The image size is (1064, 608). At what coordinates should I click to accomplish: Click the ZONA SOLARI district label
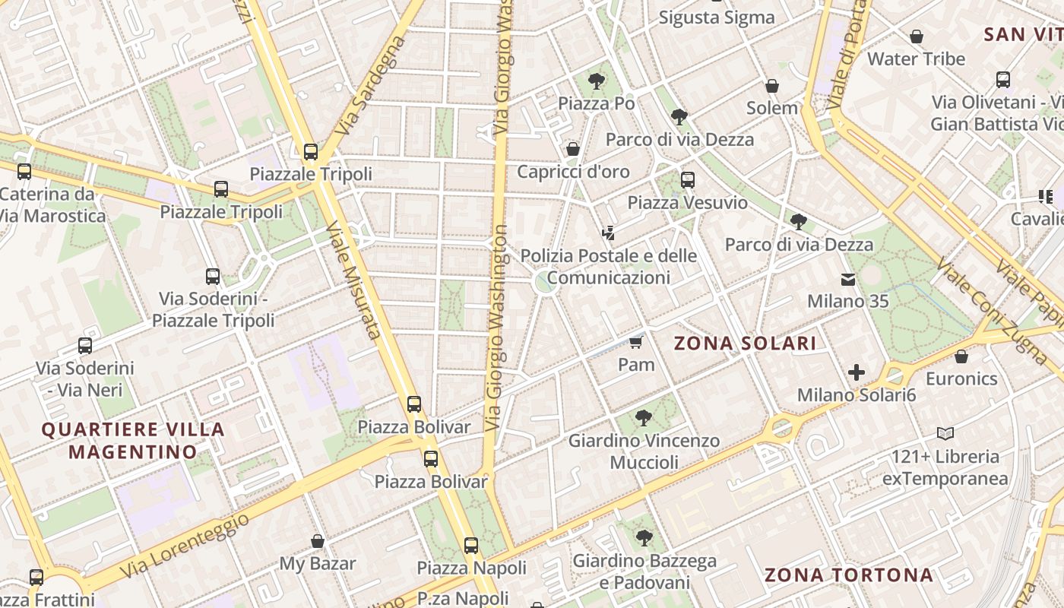pyautogui.click(x=746, y=344)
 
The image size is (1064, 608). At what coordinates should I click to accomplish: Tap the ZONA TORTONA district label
pyautogui.click(x=849, y=575)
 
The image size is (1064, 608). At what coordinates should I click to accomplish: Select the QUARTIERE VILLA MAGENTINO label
pyautogui.click(x=133, y=441)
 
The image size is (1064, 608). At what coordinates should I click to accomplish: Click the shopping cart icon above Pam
pyautogui.click(x=635, y=342)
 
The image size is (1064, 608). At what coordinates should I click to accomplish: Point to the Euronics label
pyautogui.click(x=961, y=378)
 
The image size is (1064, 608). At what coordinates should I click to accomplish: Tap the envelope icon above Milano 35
pyautogui.click(x=847, y=280)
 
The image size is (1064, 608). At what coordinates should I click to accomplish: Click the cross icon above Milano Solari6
pyautogui.click(x=857, y=372)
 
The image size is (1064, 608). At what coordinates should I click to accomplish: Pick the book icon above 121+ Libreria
pyautogui.click(x=945, y=434)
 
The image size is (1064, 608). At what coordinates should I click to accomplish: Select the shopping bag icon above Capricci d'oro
pyautogui.click(x=573, y=149)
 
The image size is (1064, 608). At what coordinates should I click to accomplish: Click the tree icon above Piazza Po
pyautogui.click(x=597, y=80)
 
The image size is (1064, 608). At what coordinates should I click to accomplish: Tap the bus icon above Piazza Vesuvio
pyautogui.click(x=687, y=180)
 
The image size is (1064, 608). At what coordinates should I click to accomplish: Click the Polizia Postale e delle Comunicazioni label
pyautogui.click(x=608, y=267)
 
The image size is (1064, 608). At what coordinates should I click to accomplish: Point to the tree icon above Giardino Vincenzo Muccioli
pyautogui.click(x=644, y=417)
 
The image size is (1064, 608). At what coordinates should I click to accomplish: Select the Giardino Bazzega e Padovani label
pyautogui.click(x=644, y=572)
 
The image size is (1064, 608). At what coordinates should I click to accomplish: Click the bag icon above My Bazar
pyautogui.click(x=318, y=541)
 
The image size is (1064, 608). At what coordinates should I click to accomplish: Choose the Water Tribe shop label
pyautogui.click(x=916, y=59)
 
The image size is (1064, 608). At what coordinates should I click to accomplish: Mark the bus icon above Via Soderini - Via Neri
pyautogui.click(x=85, y=346)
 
